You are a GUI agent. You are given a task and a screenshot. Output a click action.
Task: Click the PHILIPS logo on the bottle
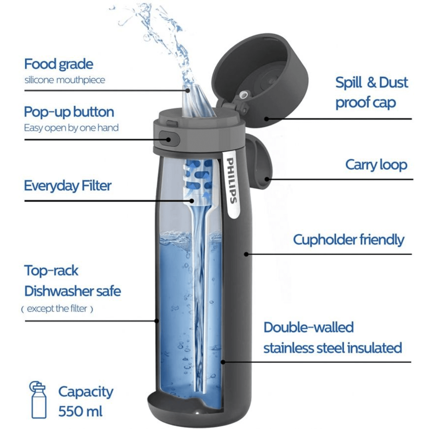click(x=232, y=181)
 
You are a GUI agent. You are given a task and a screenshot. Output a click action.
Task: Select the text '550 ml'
click(x=80, y=411)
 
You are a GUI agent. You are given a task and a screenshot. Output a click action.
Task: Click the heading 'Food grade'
click(x=59, y=64)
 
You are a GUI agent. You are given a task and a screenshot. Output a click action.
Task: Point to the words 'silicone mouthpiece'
click(x=65, y=80)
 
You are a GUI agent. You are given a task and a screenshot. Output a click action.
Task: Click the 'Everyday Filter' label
click(x=68, y=186)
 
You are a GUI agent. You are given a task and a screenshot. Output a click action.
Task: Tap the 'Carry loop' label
click(x=376, y=165)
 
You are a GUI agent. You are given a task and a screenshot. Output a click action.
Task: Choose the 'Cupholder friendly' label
click(x=349, y=240)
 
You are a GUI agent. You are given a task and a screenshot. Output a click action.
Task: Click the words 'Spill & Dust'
click(x=372, y=83)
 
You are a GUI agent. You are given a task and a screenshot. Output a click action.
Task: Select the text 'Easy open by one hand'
click(x=71, y=128)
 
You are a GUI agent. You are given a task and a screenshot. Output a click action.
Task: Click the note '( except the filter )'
click(x=57, y=309)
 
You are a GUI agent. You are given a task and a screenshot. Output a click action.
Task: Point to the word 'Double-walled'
click(x=309, y=327)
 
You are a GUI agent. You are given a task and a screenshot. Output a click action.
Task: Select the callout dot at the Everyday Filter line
click(x=192, y=201)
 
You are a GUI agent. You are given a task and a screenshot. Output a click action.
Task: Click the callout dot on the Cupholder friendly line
click(x=246, y=254)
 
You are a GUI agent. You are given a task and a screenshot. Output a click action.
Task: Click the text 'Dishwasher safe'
click(x=73, y=291)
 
